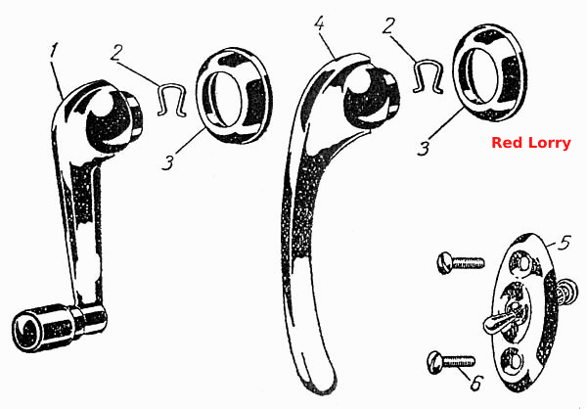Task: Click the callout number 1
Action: click(55, 50)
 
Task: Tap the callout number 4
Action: click(319, 23)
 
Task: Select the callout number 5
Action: click(564, 243)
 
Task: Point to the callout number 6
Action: click(475, 383)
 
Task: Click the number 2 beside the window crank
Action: click(116, 53)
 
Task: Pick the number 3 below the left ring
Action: click(168, 163)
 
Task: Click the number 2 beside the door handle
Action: click(388, 26)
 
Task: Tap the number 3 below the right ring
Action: click(424, 149)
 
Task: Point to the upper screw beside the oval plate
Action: click(460, 263)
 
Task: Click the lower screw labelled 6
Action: click(451, 362)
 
